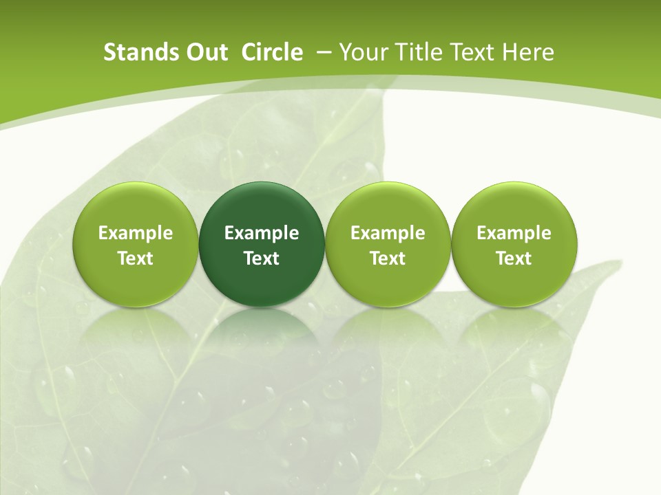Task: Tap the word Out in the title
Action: pyautogui.click(x=205, y=52)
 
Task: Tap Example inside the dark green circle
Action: pyautogui.click(x=262, y=233)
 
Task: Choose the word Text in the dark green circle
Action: pyautogui.click(x=262, y=258)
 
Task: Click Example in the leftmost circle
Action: pyautogui.click(x=136, y=233)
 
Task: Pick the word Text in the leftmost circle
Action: pyautogui.click(x=136, y=258)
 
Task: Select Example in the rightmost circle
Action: pyautogui.click(x=514, y=233)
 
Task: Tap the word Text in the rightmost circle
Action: pyautogui.click(x=514, y=258)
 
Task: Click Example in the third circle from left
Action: pyautogui.click(x=388, y=233)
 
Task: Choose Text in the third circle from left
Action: pyautogui.click(x=388, y=258)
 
